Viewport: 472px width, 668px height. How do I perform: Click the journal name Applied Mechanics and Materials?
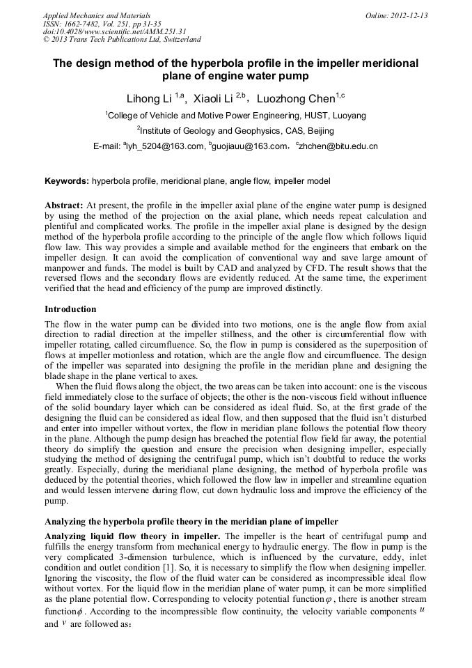tap(96, 15)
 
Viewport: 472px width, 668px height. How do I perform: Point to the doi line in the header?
tap(115, 32)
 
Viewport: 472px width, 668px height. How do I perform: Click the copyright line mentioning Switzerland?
tap(122, 40)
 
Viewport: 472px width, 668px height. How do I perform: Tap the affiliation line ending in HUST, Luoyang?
tap(236, 115)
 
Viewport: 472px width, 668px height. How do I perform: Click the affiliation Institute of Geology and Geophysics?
tap(236, 130)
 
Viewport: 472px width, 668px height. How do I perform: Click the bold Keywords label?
tap(67, 181)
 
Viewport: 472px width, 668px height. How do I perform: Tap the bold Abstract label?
tap(64, 206)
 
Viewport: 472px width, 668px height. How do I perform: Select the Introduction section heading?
tap(70, 309)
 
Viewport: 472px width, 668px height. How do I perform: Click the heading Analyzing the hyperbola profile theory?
tap(191, 522)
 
